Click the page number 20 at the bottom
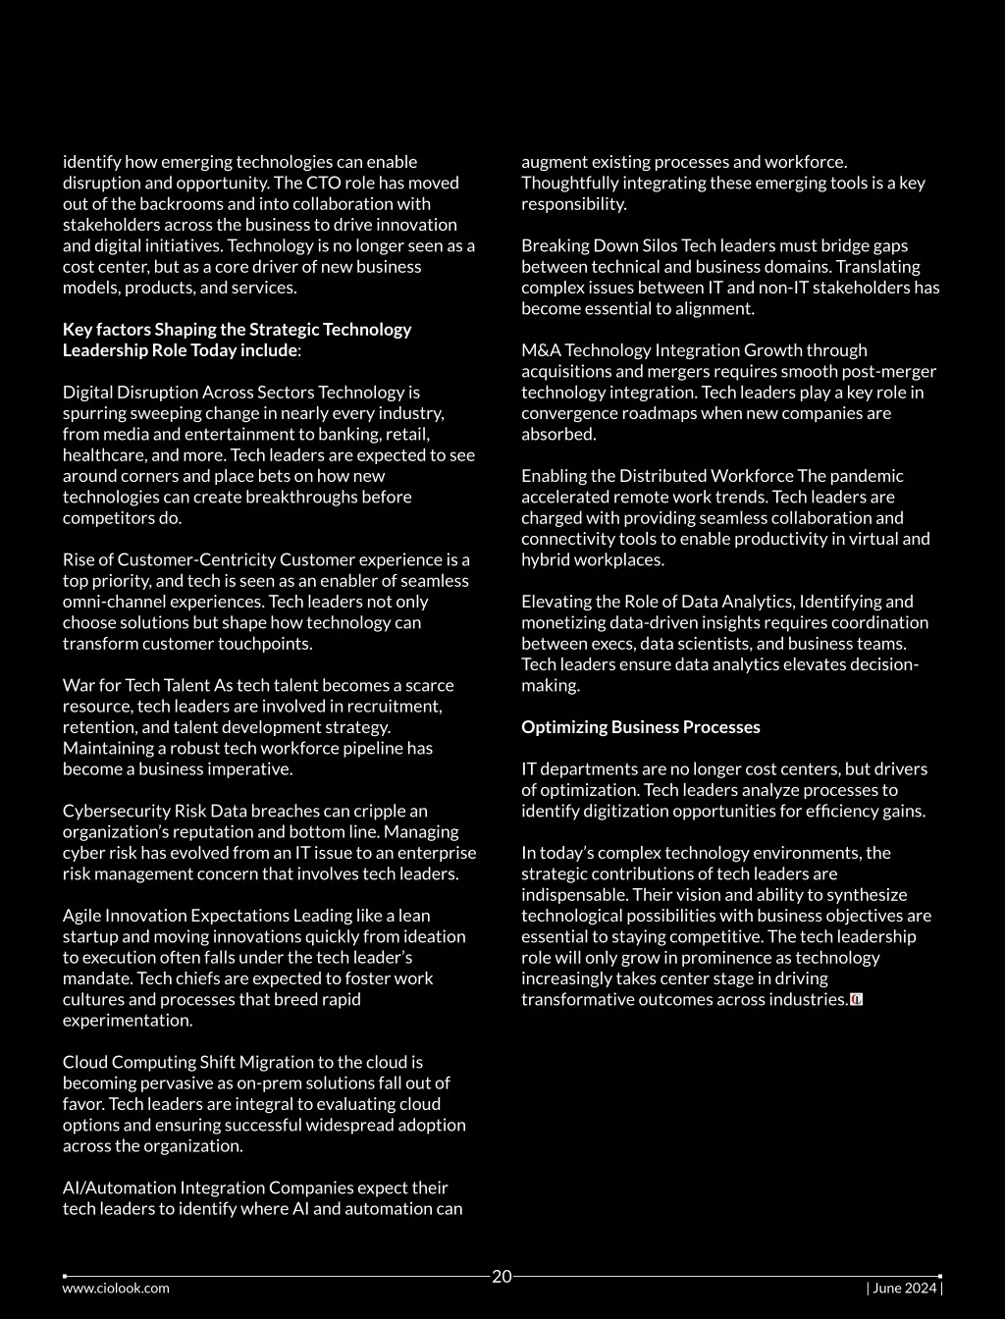pos(502,1277)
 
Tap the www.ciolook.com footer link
pos(116,1289)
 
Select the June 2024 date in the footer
pos(903,1289)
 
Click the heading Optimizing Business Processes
pos(640,727)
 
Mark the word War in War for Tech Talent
pos(79,685)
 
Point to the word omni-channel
pos(110,602)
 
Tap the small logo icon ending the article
pos(856,1000)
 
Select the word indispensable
pos(574,895)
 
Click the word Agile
pos(83,916)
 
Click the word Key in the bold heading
pos(78,330)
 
